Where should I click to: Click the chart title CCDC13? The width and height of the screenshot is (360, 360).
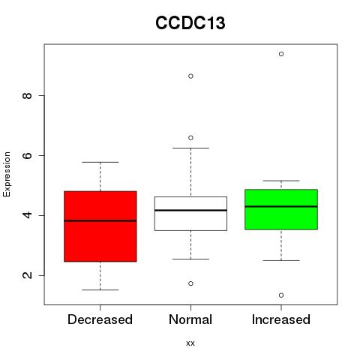(190, 23)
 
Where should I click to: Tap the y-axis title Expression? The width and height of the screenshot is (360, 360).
(7, 174)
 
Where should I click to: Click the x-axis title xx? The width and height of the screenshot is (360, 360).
(190, 343)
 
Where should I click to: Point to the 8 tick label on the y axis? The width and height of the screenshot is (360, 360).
(27, 96)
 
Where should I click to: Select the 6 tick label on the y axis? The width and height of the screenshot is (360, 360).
(27, 155)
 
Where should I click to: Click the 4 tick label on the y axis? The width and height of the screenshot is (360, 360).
(27, 215)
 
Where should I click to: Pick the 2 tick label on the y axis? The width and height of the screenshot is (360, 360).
(27, 275)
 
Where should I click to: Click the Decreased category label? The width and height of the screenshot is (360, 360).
(100, 319)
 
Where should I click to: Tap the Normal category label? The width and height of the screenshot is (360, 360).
(190, 319)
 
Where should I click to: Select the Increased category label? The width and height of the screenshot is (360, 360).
(281, 319)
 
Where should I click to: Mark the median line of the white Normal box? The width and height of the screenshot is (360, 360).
(190, 210)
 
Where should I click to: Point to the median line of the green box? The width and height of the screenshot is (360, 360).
(281, 206)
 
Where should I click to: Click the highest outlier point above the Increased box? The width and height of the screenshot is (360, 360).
(281, 54)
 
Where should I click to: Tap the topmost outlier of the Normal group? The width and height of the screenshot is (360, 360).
(190, 76)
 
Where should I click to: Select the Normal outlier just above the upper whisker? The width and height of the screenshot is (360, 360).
(190, 138)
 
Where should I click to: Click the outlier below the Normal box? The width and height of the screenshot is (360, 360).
(190, 283)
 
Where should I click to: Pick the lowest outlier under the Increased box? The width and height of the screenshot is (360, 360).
(281, 295)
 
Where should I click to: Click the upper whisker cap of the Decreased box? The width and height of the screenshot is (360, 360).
(100, 162)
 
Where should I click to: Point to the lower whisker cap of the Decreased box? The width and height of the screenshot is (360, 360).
(100, 290)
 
